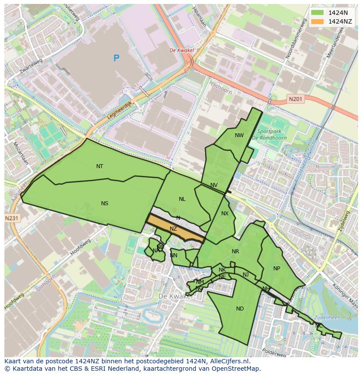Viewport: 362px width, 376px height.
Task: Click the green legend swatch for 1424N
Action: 317,13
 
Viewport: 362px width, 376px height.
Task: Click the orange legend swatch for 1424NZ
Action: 317,21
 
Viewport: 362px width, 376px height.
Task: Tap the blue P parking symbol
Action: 116,58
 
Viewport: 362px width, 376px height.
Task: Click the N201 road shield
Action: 296,100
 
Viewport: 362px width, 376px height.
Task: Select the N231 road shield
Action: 12,218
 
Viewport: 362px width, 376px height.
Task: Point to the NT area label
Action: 100,166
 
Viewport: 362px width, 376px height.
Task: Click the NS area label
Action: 104,203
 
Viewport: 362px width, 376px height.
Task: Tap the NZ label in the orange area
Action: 173,228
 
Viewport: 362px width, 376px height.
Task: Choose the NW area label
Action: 239,135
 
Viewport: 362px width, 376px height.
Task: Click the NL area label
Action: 182,199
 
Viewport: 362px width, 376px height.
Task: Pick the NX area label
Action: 225,214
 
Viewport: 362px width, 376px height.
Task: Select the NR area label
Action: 236,251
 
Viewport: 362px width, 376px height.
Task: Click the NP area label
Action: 276,268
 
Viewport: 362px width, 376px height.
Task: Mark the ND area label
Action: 240,308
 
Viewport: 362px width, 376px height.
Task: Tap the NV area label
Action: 214,185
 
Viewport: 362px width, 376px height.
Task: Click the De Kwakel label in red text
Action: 181,50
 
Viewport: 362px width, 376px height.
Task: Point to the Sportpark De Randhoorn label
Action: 269,134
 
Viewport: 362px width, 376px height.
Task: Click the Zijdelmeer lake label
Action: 327,318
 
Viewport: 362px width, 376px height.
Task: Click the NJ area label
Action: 246,274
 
